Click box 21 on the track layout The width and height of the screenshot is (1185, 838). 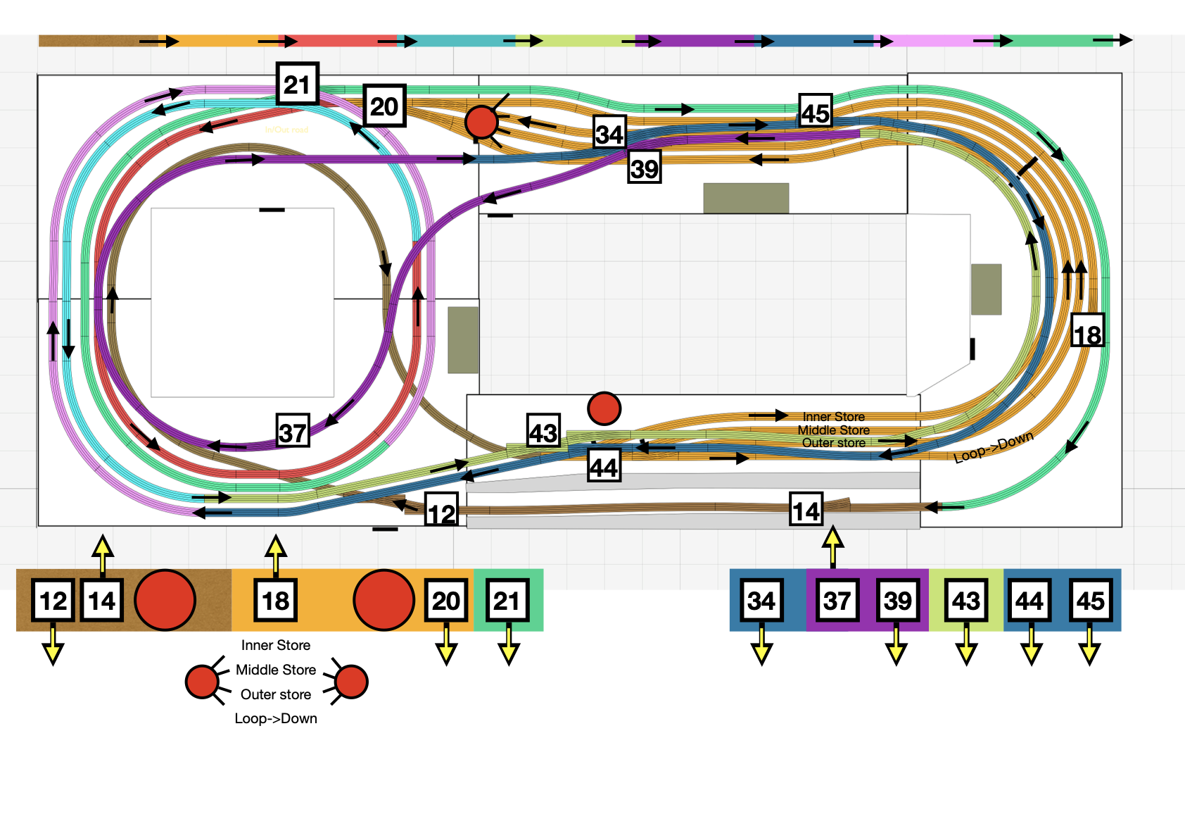pyautogui.click(x=297, y=85)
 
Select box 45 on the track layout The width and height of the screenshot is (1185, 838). pyautogui.click(x=816, y=111)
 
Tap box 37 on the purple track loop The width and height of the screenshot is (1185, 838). pyautogui.click(x=293, y=431)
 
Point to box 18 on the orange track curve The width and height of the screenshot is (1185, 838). pyautogui.click(x=1087, y=332)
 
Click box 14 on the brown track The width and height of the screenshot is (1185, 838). pyautogui.click(x=806, y=510)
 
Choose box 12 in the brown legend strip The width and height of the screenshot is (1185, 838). pyautogui.click(x=53, y=601)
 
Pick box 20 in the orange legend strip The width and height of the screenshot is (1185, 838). pyautogui.click(x=446, y=601)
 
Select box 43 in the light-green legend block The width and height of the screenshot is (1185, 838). pyautogui.click(x=966, y=601)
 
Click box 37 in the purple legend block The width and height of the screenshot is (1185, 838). pyautogui.click(x=837, y=601)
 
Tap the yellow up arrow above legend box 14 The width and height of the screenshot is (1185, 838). pyautogui.click(x=103, y=554)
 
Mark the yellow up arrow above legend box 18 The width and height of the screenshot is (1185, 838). pyautogui.click(x=276, y=554)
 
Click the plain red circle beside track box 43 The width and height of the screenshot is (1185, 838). pyautogui.click(x=604, y=408)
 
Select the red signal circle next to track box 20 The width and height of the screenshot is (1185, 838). pyautogui.click(x=482, y=122)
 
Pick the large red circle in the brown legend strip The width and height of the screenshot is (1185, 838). pyautogui.click(x=165, y=600)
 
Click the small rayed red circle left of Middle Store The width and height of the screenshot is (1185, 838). pyautogui.click(x=203, y=681)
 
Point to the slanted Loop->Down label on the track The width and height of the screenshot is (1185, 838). pyautogui.click(x=993, y=448)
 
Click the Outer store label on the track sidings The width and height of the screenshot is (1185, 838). pyautogui.click(x=833, y=443)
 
